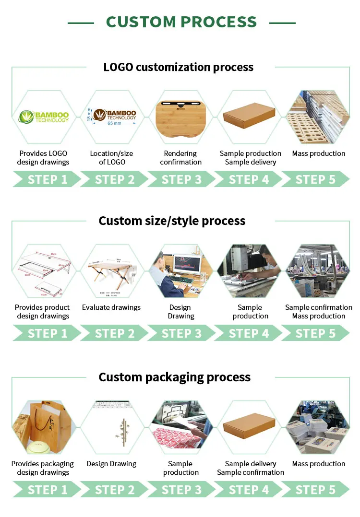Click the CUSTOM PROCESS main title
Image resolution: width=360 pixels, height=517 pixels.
click(x=181, y=22)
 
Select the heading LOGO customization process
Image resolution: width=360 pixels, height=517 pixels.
click(x=179, y=67)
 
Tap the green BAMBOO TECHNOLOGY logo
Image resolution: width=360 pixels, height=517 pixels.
click(x=44, y=117)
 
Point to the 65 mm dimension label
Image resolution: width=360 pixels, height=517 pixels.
click(x=114, y=123)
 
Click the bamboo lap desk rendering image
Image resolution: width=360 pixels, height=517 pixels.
click(x=181, y=117)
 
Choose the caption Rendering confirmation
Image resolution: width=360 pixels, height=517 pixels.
click(x=180, y=158)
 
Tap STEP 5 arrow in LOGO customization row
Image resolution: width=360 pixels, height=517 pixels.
click(x=315, y=179)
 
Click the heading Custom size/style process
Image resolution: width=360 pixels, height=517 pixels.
click(x=172, y=221)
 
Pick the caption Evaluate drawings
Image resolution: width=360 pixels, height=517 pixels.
click(x=111, y=307)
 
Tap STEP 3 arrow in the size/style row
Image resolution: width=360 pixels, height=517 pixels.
click(x=181, y=333)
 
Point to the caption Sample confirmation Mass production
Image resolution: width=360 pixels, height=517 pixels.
click(x=319, y=312)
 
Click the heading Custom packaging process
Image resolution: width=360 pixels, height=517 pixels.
click(x=175, y=377)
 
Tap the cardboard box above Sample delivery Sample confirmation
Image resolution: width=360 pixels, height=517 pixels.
click(x=250, y=424)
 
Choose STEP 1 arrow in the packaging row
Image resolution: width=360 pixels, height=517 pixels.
click(x=48, y=490)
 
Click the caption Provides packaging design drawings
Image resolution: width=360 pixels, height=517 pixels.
click(x=43, y=468)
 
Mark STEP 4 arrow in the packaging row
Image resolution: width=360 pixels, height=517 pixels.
click(x=249, y=490)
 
